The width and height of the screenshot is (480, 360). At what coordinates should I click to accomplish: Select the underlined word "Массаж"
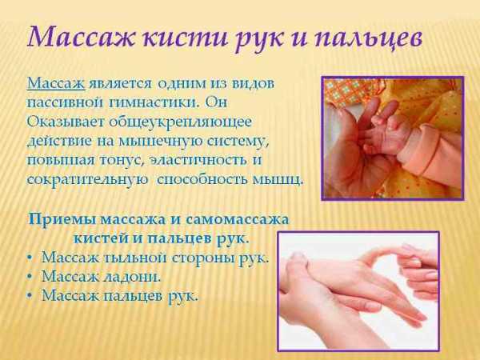click(x=56, y=83)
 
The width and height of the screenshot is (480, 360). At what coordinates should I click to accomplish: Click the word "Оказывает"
click(x=66, y=122)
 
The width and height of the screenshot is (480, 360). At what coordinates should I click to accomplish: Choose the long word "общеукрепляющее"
click(x=180, y=122)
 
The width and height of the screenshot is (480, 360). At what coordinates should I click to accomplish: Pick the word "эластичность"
click(x=198, y=161)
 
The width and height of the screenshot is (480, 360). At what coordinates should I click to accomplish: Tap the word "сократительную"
click(x=87, y=180)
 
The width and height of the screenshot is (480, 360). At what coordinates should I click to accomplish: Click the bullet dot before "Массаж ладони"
click(x=30, y=277)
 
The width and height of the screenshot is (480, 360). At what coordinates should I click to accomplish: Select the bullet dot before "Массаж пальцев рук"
click(x=30, y=296)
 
